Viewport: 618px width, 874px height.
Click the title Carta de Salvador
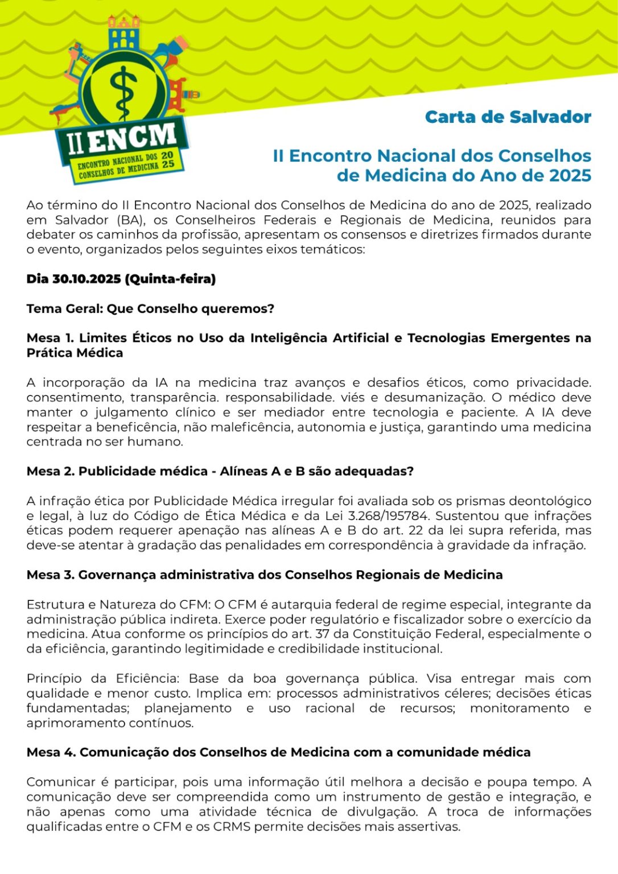[x=508, y=117]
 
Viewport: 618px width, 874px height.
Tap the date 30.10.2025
[x=86, y=279]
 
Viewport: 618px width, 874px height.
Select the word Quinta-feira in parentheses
[x=170, y=279]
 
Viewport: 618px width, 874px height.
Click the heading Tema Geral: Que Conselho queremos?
[x=150, y=308]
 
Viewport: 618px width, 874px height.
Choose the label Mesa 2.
[x=50, y=471]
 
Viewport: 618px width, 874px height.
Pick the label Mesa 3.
[x=50, y=575]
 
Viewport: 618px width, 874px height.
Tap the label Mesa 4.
[x=51, y=752]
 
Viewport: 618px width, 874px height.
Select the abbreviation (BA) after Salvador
[x=130, y=220]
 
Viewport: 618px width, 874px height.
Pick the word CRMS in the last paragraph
[x=232, y=826]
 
